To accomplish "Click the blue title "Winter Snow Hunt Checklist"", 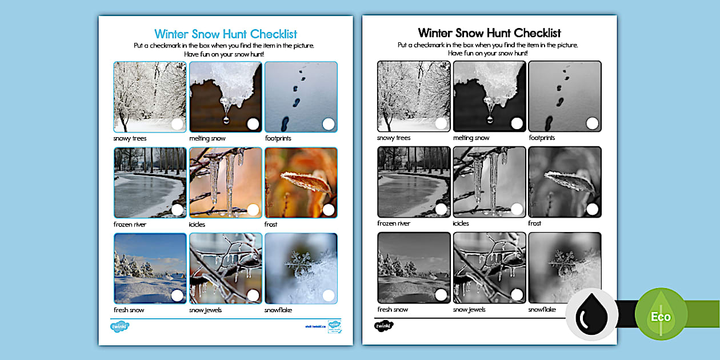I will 226,34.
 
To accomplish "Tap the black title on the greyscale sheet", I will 489,33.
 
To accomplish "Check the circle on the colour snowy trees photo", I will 177,124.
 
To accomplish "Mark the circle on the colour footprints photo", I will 329,124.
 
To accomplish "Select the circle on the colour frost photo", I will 329,210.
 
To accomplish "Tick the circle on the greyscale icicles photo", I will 517,210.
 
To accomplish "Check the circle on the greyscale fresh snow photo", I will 441,295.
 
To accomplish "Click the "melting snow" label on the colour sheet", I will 207,138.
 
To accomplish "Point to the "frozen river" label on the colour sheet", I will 130,225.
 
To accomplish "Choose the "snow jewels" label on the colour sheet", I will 206,310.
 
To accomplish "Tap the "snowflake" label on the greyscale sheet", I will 542,310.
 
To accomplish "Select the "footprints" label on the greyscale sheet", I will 542,138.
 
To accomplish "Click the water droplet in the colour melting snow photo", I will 226,120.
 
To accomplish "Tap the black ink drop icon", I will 591,315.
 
